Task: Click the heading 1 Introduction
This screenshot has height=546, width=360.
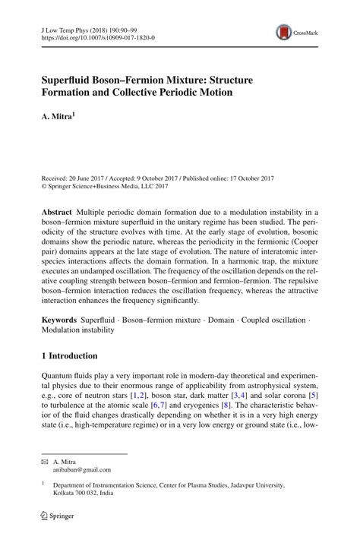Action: click(69, 356)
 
